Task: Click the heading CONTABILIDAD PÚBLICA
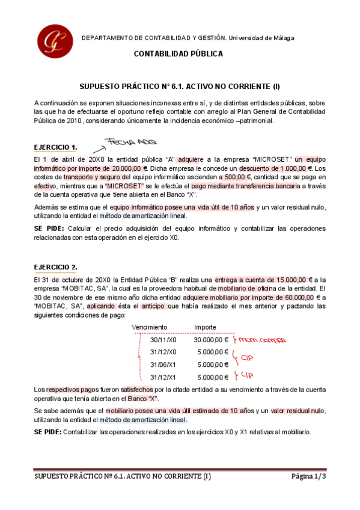178,54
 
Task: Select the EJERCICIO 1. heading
55,147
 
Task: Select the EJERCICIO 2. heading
55,267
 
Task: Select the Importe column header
206,327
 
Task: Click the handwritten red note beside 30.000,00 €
260,340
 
